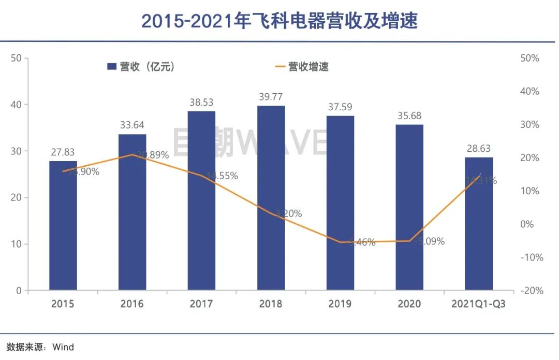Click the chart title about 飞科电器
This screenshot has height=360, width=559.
(x=279, y=21)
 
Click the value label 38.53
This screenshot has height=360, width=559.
(x=201, y=103)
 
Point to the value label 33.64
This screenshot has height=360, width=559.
(x=132, y=125)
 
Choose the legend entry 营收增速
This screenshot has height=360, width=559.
(x=302, y=66)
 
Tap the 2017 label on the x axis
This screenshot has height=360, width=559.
(x=201, y=304)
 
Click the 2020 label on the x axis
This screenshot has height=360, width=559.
(x=409, y=304)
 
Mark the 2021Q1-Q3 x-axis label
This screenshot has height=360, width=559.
(x=478, y=304)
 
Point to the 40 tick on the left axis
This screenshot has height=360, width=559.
(x=16, y=105)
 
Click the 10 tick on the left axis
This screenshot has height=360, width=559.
(x=16, y=244)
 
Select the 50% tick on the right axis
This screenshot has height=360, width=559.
(x=529, y=58)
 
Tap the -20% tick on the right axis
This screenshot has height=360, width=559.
(x=529, y=291)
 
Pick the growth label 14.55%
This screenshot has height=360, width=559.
(x=220, y=176)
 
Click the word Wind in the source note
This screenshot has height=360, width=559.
(x=63, y=347)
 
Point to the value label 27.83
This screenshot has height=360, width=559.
(x=63, y=152)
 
